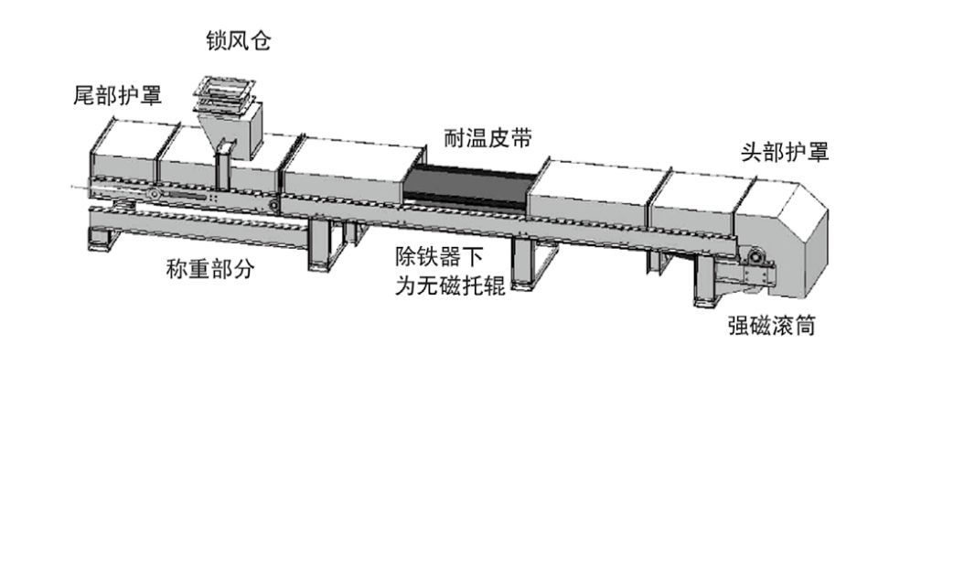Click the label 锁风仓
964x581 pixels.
pos(238,41)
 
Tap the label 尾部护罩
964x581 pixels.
pos(117,95)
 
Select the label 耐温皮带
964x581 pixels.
pos(487,138)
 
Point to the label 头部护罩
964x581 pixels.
pos(784,152)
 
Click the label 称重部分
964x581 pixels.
pos(209,269)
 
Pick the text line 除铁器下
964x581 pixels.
pos(444,257)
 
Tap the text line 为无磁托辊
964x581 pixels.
pos(449,285)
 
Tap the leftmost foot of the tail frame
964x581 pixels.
pos(98,242)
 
